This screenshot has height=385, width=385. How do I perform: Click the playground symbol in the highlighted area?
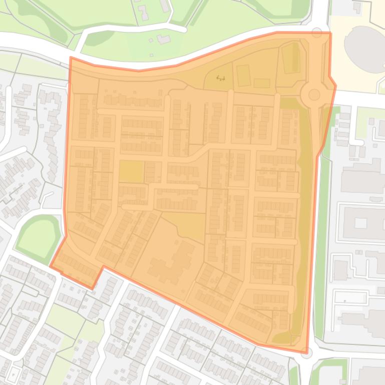220,78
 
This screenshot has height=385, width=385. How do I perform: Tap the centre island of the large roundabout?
314,94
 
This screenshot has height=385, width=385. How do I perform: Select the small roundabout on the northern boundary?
317,33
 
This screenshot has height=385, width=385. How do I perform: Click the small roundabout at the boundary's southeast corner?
306,352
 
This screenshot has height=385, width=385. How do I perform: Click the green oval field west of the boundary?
38,234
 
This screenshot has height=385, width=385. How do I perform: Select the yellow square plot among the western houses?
131,171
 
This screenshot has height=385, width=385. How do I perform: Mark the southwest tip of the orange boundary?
50,266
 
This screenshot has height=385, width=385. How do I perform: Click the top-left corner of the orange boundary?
71,57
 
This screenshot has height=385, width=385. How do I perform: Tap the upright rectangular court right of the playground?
243,75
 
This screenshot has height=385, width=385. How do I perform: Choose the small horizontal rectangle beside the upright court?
261,83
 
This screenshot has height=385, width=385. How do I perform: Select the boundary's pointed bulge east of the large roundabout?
335,85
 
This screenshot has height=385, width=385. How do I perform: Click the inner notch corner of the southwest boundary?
104,267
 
